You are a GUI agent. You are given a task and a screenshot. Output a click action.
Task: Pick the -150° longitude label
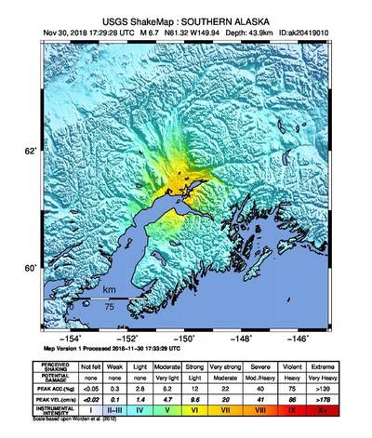pos(185,339)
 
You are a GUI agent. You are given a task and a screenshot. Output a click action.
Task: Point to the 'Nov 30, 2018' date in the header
pos(67,30)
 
